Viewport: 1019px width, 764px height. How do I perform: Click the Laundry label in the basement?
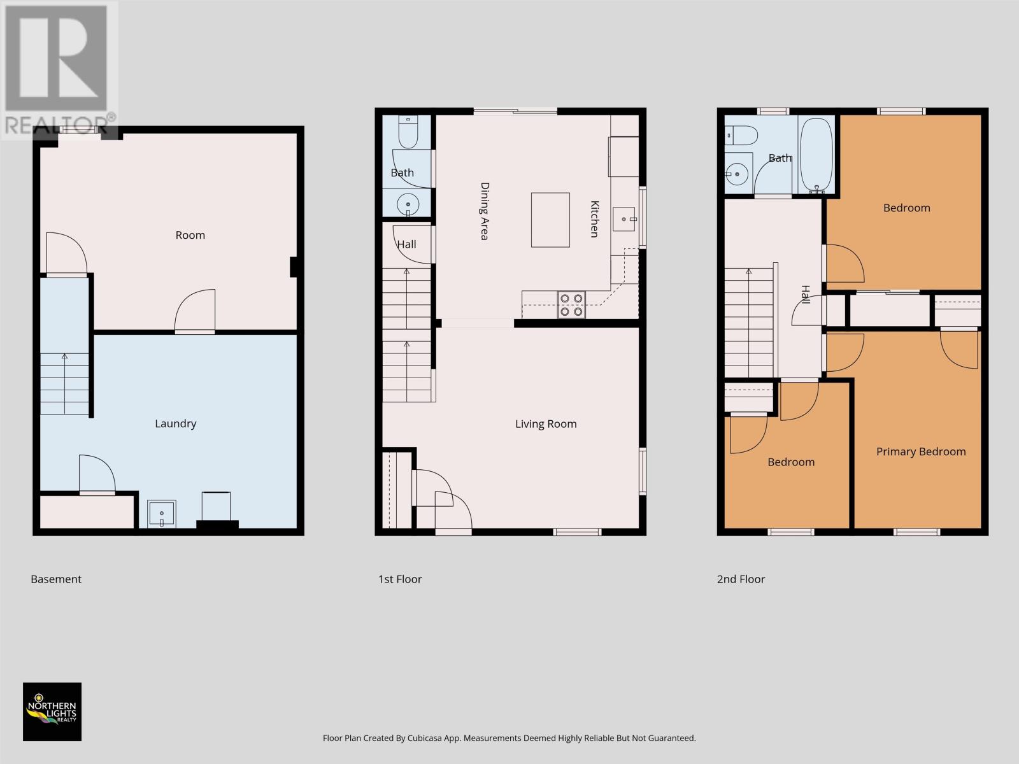tap(176, 423)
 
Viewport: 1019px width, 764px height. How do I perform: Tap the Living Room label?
tap(546, 423)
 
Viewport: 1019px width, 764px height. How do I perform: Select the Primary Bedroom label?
tap(921, 451)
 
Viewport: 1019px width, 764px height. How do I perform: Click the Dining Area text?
tap(484, 211)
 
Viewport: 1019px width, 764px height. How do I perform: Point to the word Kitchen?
tap(594, 219)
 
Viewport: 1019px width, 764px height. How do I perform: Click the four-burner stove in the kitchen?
tap(571, 305)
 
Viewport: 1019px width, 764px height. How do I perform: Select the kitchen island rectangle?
tap(551, 220)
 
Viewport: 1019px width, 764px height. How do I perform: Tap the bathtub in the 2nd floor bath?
tap(816, 155)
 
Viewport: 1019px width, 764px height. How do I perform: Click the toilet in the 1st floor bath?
tap(408, 132)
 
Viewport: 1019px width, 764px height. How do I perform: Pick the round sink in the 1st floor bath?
tap(408, 204)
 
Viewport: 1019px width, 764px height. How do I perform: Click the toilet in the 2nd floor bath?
tap(741, 136)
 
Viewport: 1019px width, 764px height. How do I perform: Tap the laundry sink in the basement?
tap(162, 514)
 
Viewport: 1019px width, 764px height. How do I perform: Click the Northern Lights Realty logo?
tap(52, 712)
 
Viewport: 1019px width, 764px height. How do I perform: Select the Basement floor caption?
tap(56, 579)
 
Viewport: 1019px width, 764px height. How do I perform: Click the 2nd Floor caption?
tap(741, 579)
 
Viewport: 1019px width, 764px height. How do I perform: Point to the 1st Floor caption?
tap(400, 579)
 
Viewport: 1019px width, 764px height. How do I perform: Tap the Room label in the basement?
tap(190, 235)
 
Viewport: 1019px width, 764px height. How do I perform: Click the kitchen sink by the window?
tap(624, 219)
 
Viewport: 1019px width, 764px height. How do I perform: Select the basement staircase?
tap(64, 384)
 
